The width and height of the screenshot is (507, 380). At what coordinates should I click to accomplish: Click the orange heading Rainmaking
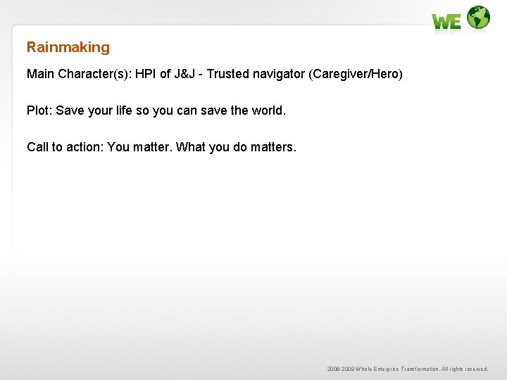point(68,47)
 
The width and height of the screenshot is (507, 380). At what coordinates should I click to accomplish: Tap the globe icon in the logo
point(478,18)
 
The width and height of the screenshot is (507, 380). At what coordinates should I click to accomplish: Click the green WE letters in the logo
point(446,22)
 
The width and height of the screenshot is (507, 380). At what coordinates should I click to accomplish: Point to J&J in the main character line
point(184,74)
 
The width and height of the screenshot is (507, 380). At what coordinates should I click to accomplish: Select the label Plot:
point(39,110)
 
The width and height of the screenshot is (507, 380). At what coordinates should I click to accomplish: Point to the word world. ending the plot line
point(268,110)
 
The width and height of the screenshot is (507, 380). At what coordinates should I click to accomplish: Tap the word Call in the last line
point(37,147)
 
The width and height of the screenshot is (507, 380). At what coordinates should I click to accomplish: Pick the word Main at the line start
point(40,74)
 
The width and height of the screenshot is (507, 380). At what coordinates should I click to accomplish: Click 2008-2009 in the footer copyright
point(341,369)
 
